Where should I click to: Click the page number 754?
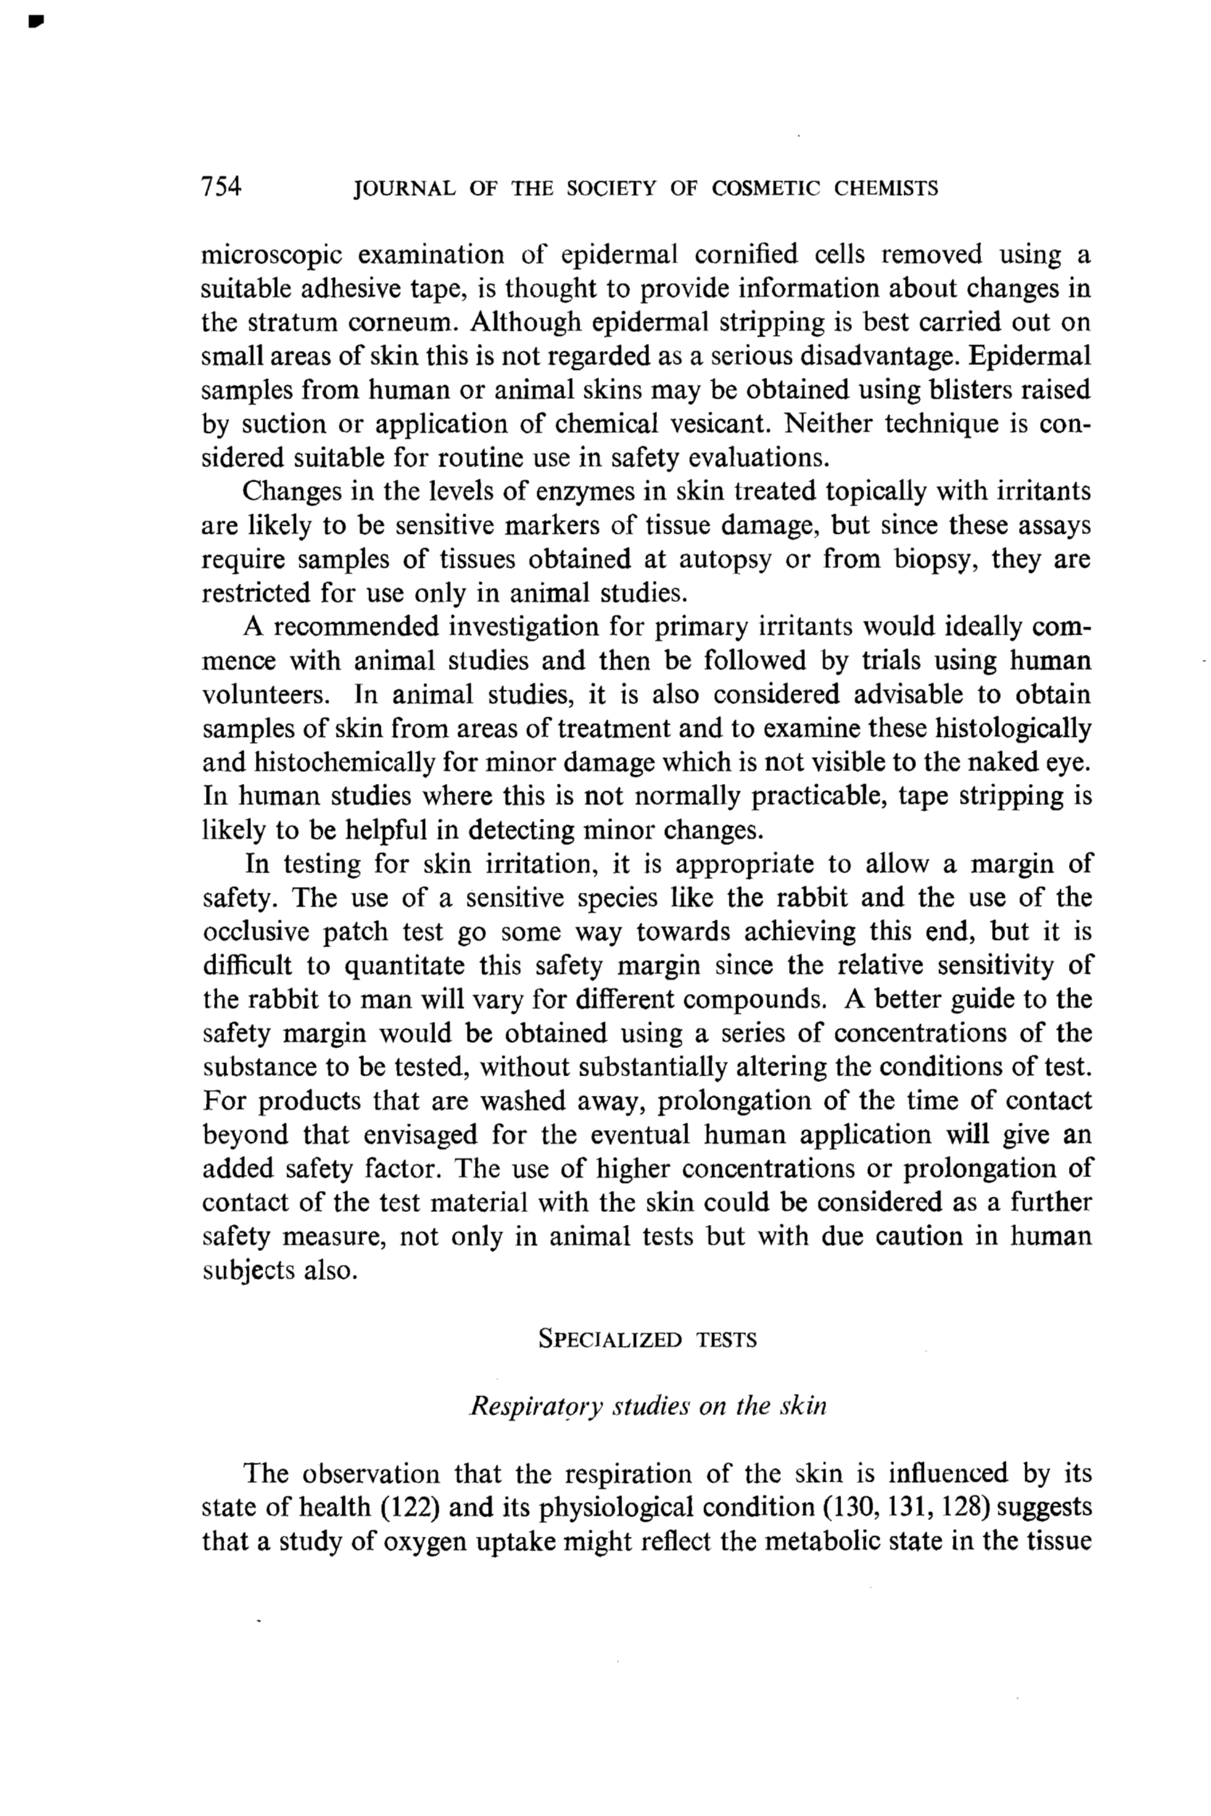point(221,186)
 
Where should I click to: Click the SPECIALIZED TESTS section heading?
point(648,1339)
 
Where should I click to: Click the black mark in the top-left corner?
point(34,23)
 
